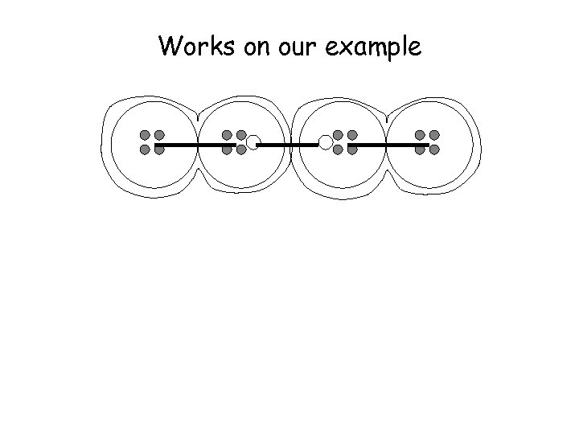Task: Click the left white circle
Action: click(253, 143)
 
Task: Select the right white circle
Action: click(326, 143)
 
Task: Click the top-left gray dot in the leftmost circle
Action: click(145, 134)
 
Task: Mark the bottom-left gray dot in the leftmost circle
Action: click(145, 149)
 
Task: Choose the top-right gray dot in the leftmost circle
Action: click(159, 134)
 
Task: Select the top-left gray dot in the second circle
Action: click(227, 134)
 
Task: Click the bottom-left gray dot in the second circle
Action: click(227, 149)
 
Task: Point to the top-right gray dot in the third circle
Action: click(352, 134)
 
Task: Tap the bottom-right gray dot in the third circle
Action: click(352, 149)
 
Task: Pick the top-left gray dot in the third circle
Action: click(338, 134)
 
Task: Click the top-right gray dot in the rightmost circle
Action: click(434, 134)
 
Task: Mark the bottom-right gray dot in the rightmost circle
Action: click(434, 149)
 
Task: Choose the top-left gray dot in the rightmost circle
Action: click(420, 134)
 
